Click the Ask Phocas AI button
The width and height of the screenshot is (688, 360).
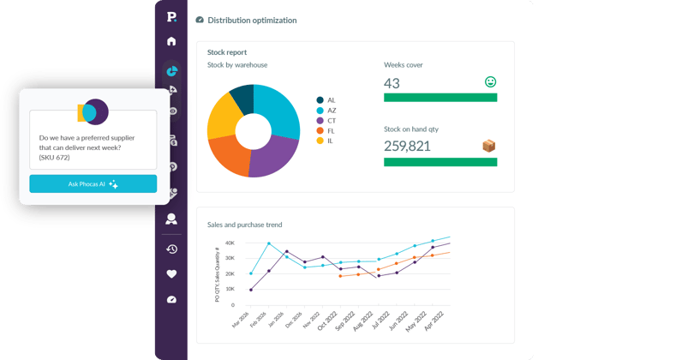click(93, 184)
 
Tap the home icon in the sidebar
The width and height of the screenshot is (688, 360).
click(171, 41)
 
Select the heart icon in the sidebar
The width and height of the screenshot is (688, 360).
click(171, 274)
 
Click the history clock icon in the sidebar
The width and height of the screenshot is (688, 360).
click(171, 249)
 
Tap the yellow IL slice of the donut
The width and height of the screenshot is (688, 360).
click(223, 117)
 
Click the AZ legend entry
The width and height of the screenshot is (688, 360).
click(326, 111)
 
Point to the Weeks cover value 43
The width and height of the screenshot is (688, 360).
click(392, 83)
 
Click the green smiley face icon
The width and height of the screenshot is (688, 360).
click(491, 81)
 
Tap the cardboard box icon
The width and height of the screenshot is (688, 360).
click(488, 146)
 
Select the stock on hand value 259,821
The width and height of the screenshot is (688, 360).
click(407, 147)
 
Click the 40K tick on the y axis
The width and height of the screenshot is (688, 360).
click(230, 243)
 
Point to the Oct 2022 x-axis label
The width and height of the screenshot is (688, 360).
click(328, 321)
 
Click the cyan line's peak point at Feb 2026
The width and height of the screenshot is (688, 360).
click(269, 243)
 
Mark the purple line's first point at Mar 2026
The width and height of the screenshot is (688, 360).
click(251, 290)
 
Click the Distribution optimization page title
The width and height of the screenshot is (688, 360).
click(252, 21)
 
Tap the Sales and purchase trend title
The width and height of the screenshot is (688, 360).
click(244, 225)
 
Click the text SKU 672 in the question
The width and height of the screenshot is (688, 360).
click(55, 158)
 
